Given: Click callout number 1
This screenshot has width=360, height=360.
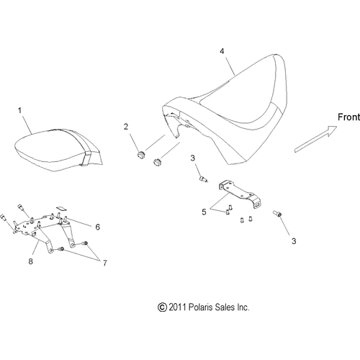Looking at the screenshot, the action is coord(19,111).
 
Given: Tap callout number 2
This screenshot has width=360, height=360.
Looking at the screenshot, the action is coord(126,127).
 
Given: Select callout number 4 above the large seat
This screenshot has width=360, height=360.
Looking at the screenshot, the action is coord(222,51).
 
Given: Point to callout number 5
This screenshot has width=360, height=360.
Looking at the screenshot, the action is coord(204,212).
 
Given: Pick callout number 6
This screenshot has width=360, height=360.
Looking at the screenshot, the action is coord(97,227).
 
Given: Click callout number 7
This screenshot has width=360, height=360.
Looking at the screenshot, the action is coord(105,263).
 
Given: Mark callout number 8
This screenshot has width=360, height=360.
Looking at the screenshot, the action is coord(30,261).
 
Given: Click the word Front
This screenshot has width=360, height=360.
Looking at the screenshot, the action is coord(348,117).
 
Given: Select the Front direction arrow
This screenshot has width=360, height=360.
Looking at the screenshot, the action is coord(315,139).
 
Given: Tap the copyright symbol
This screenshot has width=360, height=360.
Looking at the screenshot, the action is coord(162,307).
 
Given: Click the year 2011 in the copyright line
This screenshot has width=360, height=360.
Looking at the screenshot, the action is coord(177,307).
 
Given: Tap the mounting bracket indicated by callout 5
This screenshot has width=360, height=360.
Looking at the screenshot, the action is coord(240,194).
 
